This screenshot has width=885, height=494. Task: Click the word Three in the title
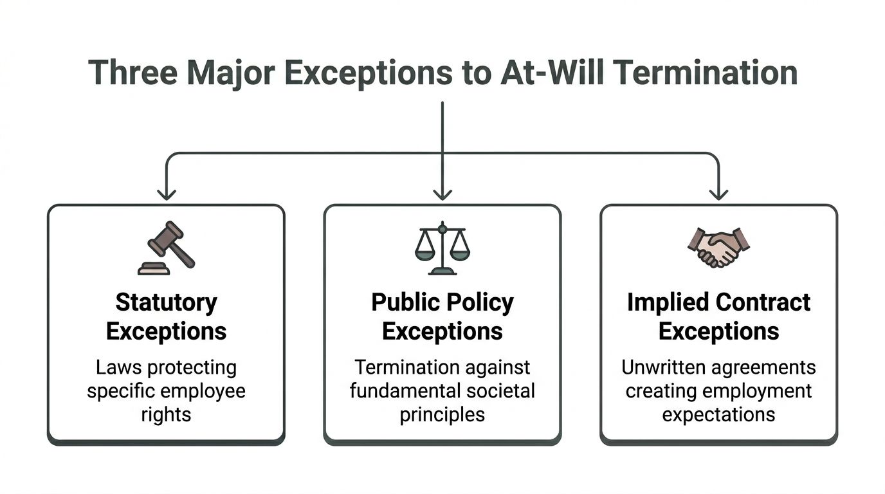click(x=131, y=73)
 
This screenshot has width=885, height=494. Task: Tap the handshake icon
click(x=718, y=248)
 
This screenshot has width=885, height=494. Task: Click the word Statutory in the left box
click(x=166, y=302)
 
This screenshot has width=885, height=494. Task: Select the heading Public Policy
click(x=442, y=302)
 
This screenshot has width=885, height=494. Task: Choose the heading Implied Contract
click(x=718, y=302)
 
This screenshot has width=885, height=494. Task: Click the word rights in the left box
click(x=166, y=414)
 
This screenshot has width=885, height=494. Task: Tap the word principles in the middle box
click(x=442, y=414)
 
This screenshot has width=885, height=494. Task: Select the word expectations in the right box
click(x=718, y=414)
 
